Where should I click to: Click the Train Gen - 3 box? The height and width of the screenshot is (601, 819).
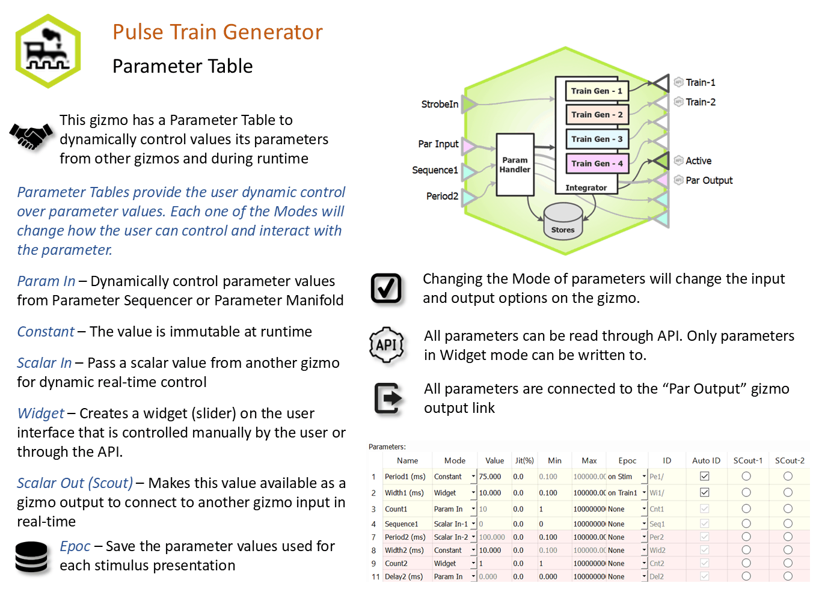598,139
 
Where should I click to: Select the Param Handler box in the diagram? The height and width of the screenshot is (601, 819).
515,165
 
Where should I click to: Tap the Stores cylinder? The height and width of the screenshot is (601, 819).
563,221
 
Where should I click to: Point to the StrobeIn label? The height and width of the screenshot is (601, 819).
440,105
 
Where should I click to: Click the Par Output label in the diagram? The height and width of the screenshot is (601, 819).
709,180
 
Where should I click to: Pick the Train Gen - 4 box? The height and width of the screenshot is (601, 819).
598,163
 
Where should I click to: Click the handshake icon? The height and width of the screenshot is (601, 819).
31,137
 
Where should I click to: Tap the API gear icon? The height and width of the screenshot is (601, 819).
387,345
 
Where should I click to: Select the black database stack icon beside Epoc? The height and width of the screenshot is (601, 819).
31,557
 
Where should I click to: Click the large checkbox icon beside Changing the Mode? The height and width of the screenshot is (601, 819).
386,288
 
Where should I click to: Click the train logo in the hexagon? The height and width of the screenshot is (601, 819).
48,51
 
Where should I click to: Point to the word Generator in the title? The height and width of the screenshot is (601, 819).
273,32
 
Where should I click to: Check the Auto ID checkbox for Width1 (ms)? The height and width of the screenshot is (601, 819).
705,493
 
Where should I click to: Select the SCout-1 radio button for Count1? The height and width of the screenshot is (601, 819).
746,509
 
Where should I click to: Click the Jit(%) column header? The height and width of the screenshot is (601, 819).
524,461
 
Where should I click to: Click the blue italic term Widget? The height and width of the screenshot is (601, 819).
40,413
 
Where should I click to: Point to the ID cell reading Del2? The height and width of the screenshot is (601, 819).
657,576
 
